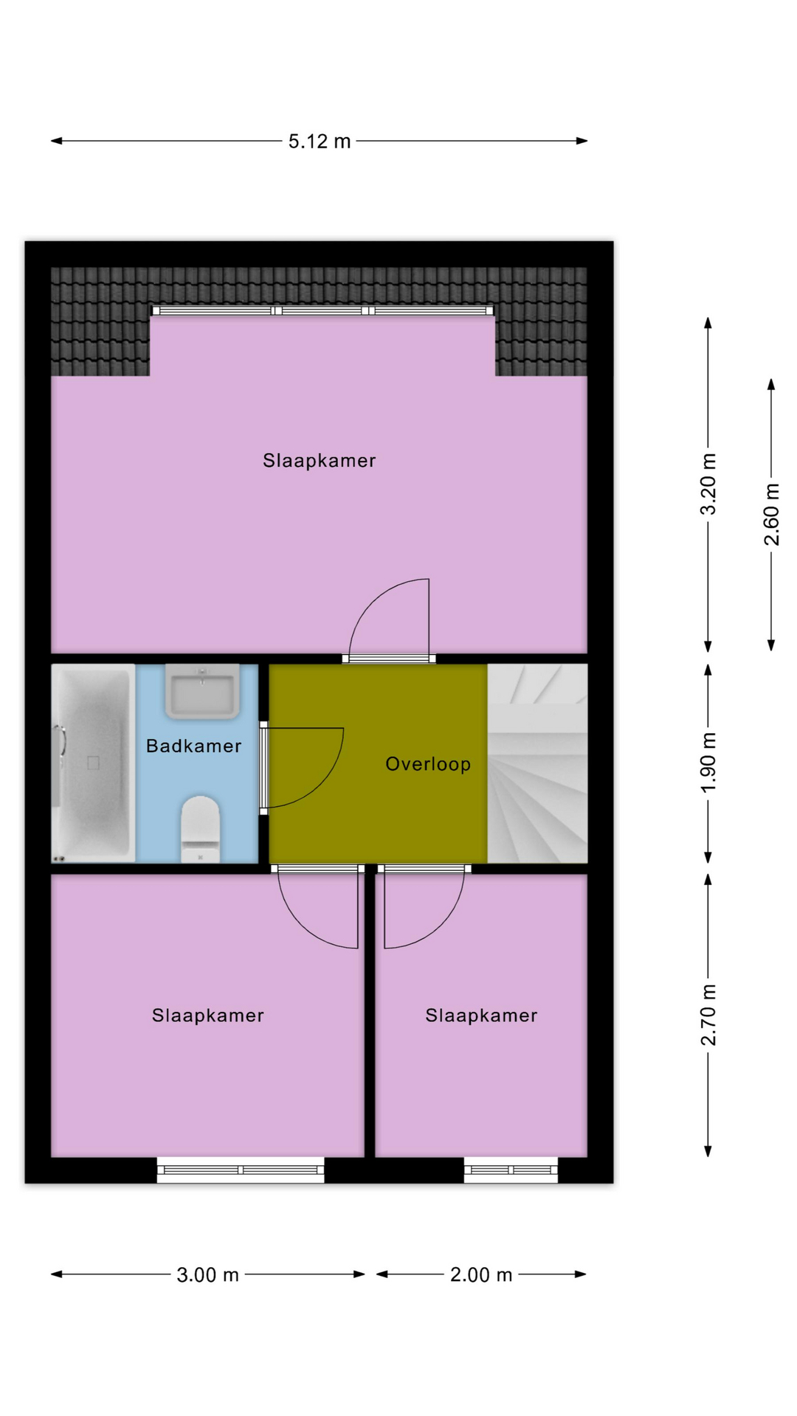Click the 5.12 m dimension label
point(320,141)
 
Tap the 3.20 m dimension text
point(708,484)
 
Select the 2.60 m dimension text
point(771,514)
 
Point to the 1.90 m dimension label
point(708,763)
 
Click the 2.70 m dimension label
point(708,1015)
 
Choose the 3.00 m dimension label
point(208,1274)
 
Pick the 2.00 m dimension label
point(481,1274)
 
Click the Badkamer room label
point(194,746)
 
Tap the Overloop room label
point(428,764)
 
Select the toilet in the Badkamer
point(201,828)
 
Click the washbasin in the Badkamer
point(202,691)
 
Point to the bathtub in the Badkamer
point(93,763)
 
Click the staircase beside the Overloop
point(537,763)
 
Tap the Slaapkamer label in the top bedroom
point(320,461)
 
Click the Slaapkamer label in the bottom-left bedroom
point(208,1016)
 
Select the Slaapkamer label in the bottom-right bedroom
point(481,1016)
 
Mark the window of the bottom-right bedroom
point(511,1170)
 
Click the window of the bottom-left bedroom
point(241,1170)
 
